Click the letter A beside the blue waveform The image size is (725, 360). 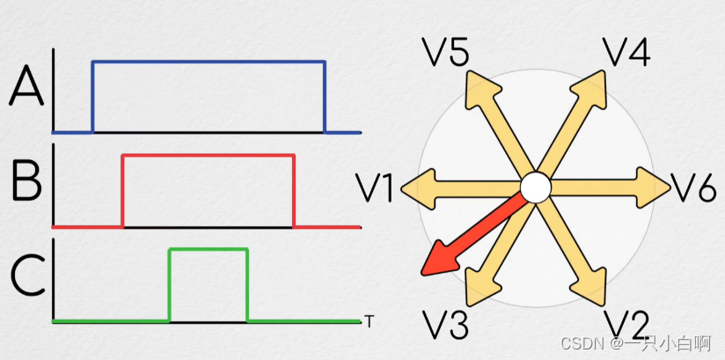pyautogui.click(x=26, y=87)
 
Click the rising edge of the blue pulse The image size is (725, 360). pyautogui.click(x=93, y=97)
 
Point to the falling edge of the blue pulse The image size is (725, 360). pyautogui.click(x=325, y=97)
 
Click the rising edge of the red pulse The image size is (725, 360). pyautogui.click(x=122, y=190)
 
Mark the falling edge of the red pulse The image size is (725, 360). pyautogui.click(x=293, y=190)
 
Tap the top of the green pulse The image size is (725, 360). pyautogui.click(x=209, y=250)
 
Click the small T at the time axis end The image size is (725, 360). pyautogui.click(x=367, y=320)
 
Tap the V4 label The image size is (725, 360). pyautogui.click(x=626, y=52)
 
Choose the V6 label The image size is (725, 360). pyautogui.click(x=694, y=187)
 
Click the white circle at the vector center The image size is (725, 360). pyautogui.click(x=534, y=187)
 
